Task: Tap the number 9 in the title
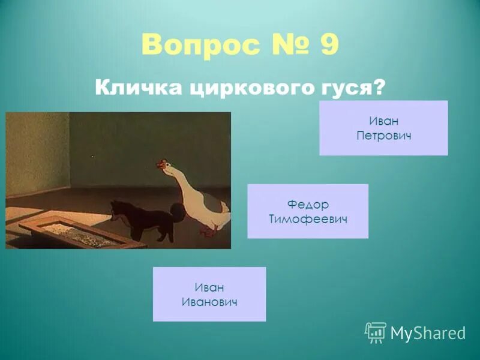point(329,46)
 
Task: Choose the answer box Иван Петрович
point(383,128)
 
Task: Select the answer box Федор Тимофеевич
point(308,211)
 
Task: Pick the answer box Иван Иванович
point(209,294)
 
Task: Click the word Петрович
point(383,136)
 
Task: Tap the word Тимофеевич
point(308,219)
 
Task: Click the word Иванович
point(209,302)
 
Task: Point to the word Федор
point(308,204)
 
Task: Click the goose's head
point(164,166)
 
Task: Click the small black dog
point(147,220)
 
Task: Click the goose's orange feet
point(207,232)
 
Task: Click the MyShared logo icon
point(376,332)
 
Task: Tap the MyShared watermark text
point(428,333)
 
